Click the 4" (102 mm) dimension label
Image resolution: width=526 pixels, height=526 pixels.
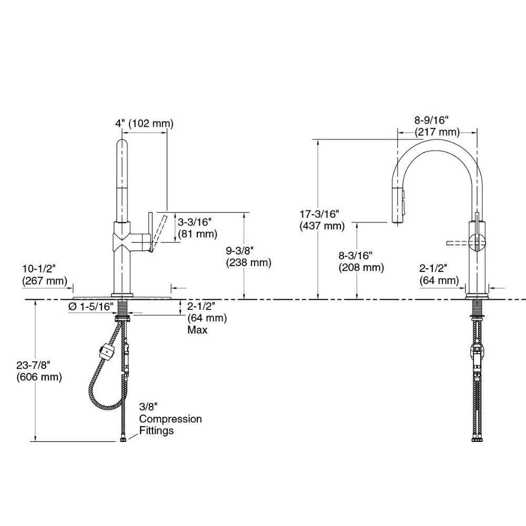(144, 124)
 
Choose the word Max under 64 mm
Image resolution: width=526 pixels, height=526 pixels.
(197, 330)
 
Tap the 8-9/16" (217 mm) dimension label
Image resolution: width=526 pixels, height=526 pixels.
(437, 126)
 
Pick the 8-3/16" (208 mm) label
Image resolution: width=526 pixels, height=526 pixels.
(361, 261)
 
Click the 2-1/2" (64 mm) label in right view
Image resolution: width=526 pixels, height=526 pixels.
(439, 275)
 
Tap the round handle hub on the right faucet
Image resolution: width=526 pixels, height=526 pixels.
(478, 244)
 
